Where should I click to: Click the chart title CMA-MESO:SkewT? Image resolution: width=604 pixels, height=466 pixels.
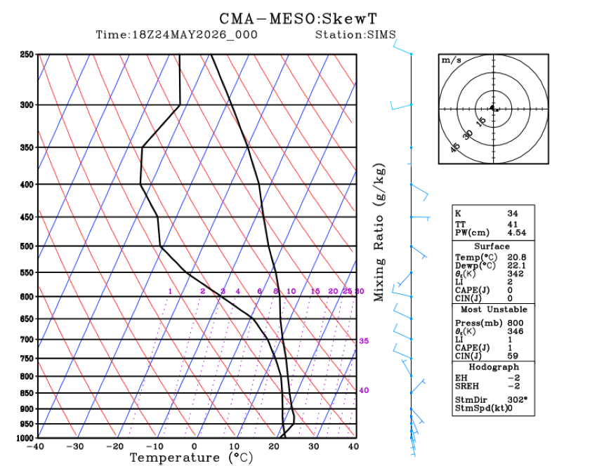click(x=298, y=18)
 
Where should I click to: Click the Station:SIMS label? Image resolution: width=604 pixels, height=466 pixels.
click(x=355, y=34)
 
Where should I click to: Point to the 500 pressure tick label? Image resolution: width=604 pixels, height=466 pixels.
click(x=27, y=246)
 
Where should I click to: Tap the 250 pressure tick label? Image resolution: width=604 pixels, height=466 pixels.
click(x=27, y=54)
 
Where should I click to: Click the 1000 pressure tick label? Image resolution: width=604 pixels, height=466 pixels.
click(x=25, y=438)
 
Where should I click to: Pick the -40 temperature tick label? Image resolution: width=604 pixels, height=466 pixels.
click(x=35, y=446)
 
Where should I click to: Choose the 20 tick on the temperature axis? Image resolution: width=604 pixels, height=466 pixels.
click(x=274, y=446)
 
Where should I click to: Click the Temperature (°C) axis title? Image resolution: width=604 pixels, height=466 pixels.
click(x=192, y=458)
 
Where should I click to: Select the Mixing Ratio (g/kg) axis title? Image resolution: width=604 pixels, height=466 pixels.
click(x=379, y=232)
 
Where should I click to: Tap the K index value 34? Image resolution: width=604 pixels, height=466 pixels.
click(x=513, y=213)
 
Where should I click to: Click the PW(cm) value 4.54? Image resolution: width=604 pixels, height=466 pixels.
click(x=516, y=232)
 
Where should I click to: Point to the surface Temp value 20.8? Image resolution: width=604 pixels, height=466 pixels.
click(x=516, y=257)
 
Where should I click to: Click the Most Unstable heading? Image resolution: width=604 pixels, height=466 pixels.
click(x=494, y=309)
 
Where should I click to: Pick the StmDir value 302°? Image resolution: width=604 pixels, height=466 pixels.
click(x=518, y=400)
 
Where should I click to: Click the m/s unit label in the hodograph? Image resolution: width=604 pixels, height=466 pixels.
click(x=452, y=60)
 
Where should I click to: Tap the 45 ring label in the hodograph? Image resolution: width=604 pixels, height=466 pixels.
click(x=455, y=147)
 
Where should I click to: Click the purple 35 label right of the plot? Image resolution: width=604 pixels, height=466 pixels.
click(x=364, y=341)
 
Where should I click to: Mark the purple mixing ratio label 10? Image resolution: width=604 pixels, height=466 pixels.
click(x=291, y=291)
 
